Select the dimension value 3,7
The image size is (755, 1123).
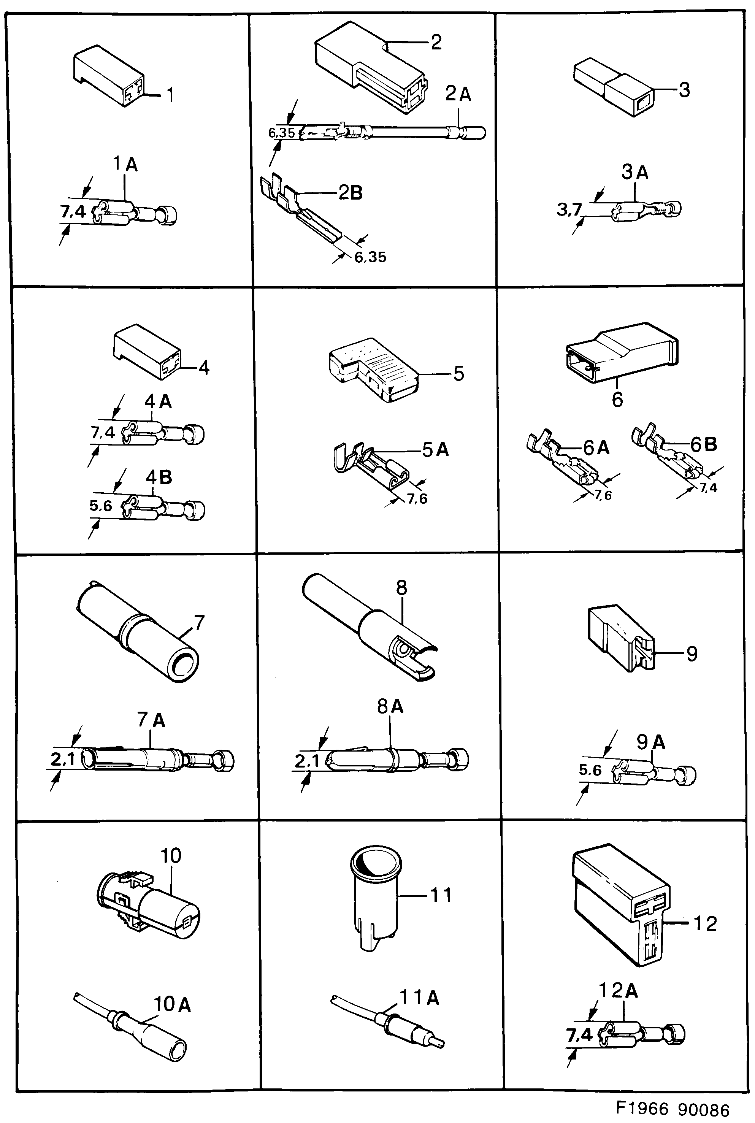(569, 210)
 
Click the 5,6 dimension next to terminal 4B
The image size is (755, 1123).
(101, 506)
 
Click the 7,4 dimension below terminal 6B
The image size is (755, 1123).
(708, 488)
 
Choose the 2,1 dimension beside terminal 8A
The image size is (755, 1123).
(307, 761)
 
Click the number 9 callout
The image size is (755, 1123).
(692, 653)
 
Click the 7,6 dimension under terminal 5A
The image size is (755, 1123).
(417, 499)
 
